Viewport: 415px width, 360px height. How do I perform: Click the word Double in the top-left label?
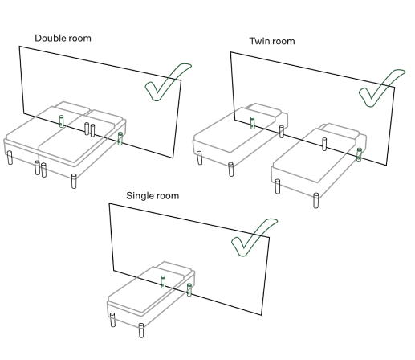pyautogui.click(x=49, y=38)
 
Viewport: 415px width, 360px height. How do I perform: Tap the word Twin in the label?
pyautogui.click(x=258, y=41)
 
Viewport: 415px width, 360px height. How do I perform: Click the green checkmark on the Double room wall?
pyautogui.click(x=168, y=82)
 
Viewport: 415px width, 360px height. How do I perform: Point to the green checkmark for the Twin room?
pyautogui.click(x=381, y=88)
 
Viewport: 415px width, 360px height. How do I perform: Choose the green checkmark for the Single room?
pyautogui.click(x=254, y=237)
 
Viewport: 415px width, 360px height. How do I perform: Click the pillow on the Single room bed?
pyautogui.click(x=174, y=268)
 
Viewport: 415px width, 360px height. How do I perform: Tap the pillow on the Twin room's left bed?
pyautogui.click(x=264, y=110)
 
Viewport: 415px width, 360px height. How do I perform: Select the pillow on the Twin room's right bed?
pyautogui.click(x=340, y=130)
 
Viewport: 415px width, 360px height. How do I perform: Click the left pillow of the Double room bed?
pyautogui.click(x=73, y=108)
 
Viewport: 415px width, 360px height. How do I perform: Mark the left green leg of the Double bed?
pyautogui.click(x=62, y=121)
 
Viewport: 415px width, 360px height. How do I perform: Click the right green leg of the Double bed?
pyautogui.click(x=120, y=138)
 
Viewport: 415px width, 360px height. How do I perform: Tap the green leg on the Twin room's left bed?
pyautogui.click(x=252, y=123)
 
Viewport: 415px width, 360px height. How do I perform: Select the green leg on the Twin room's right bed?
pyautogui.click(x=359, y=154)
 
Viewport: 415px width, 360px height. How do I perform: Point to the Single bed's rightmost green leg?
pyautogui.click(x=189, y=289)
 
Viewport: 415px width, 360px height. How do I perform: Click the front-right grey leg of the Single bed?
pyautogui.click(x=141, y=330)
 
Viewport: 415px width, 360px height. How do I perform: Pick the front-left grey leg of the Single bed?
pyautogui.click(x=112, y=320)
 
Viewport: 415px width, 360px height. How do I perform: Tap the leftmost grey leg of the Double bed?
pyautogui.click(x=10, y=157)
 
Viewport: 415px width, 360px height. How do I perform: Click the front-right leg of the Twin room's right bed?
pyautogui.click(x=316, y=200)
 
